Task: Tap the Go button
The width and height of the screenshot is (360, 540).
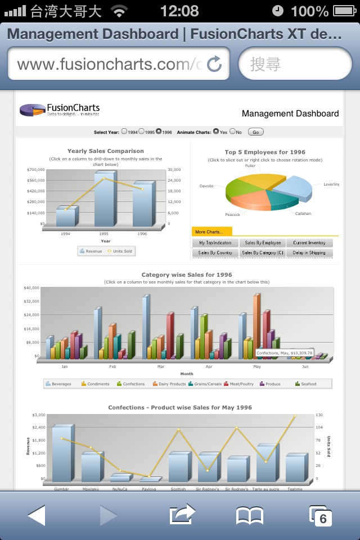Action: tap(255, 132)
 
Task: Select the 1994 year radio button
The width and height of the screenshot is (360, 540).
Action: tap(124, 132)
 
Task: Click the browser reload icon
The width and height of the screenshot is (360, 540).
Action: tap(214, 64)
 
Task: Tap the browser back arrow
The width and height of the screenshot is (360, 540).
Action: tap(37, 515)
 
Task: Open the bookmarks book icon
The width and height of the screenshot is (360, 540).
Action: tap(250, 515)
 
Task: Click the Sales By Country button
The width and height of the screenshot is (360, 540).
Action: tap(215, 253)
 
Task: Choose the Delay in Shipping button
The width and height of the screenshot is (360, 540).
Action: tap(309, 253)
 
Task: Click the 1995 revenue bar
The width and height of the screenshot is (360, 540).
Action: tap(105, 199)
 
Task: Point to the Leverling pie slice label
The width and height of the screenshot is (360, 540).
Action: tap(331, 184)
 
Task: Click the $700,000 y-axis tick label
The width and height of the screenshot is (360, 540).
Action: tap(35, 169)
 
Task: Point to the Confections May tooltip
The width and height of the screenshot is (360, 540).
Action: tap(284, 353)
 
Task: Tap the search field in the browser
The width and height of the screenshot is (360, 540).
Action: tap(295, 64)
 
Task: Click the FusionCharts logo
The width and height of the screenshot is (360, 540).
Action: tap(60, 109)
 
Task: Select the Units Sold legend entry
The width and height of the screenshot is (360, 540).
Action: tap(119, 251)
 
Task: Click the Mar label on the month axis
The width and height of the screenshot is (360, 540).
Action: tap(161, 366)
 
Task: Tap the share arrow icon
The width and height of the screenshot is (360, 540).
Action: tap(182, 515)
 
